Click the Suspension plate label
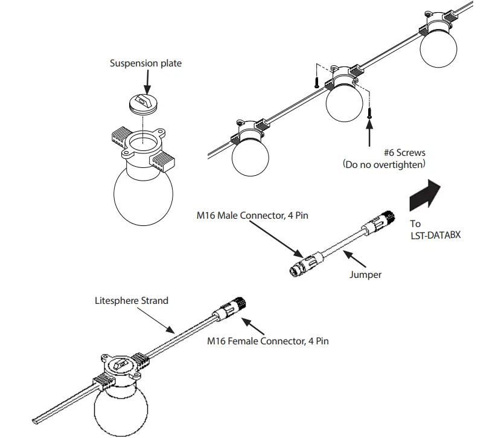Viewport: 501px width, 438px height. coord(145,63)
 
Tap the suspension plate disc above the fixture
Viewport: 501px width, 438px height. coord(144,104)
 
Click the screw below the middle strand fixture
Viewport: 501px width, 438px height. coord(369,112)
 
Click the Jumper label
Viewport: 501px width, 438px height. coord(366,275)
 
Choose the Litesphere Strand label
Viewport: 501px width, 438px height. coord(131,300)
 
